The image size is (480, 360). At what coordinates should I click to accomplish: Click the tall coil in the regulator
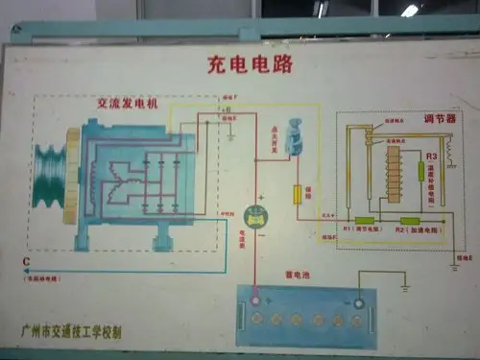coord(392,173)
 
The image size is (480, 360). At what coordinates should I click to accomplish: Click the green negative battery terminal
coord(358,304)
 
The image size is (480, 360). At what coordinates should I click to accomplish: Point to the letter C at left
coord(26,262)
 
